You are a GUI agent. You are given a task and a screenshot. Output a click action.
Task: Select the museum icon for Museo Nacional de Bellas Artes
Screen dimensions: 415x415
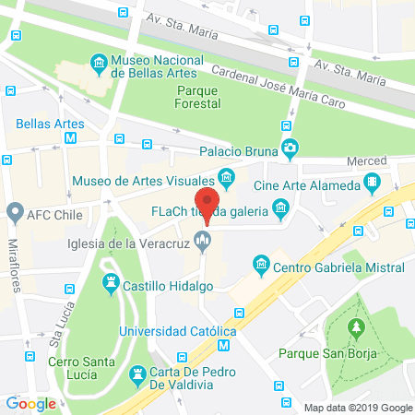pyautogui.click(x=99, y=64)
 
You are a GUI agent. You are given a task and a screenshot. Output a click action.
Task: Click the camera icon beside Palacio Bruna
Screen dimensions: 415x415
pyautogui.click(x=290, y=148)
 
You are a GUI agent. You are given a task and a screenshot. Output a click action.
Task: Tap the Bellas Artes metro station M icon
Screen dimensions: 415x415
pyautogui.click(x=71, y=138)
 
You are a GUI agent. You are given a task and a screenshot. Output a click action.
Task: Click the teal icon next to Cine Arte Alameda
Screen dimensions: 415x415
pyautogui.click(x=373, y=180)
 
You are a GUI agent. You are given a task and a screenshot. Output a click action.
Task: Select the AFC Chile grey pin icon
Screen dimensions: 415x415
pyautogui.click(x=15, y=211)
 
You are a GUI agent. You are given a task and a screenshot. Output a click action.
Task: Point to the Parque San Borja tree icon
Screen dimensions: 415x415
pyautogui.click(x=356, y=327)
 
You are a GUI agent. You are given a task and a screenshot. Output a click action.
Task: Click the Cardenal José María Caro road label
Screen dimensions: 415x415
pyautogui.click(x=277, y=88)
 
